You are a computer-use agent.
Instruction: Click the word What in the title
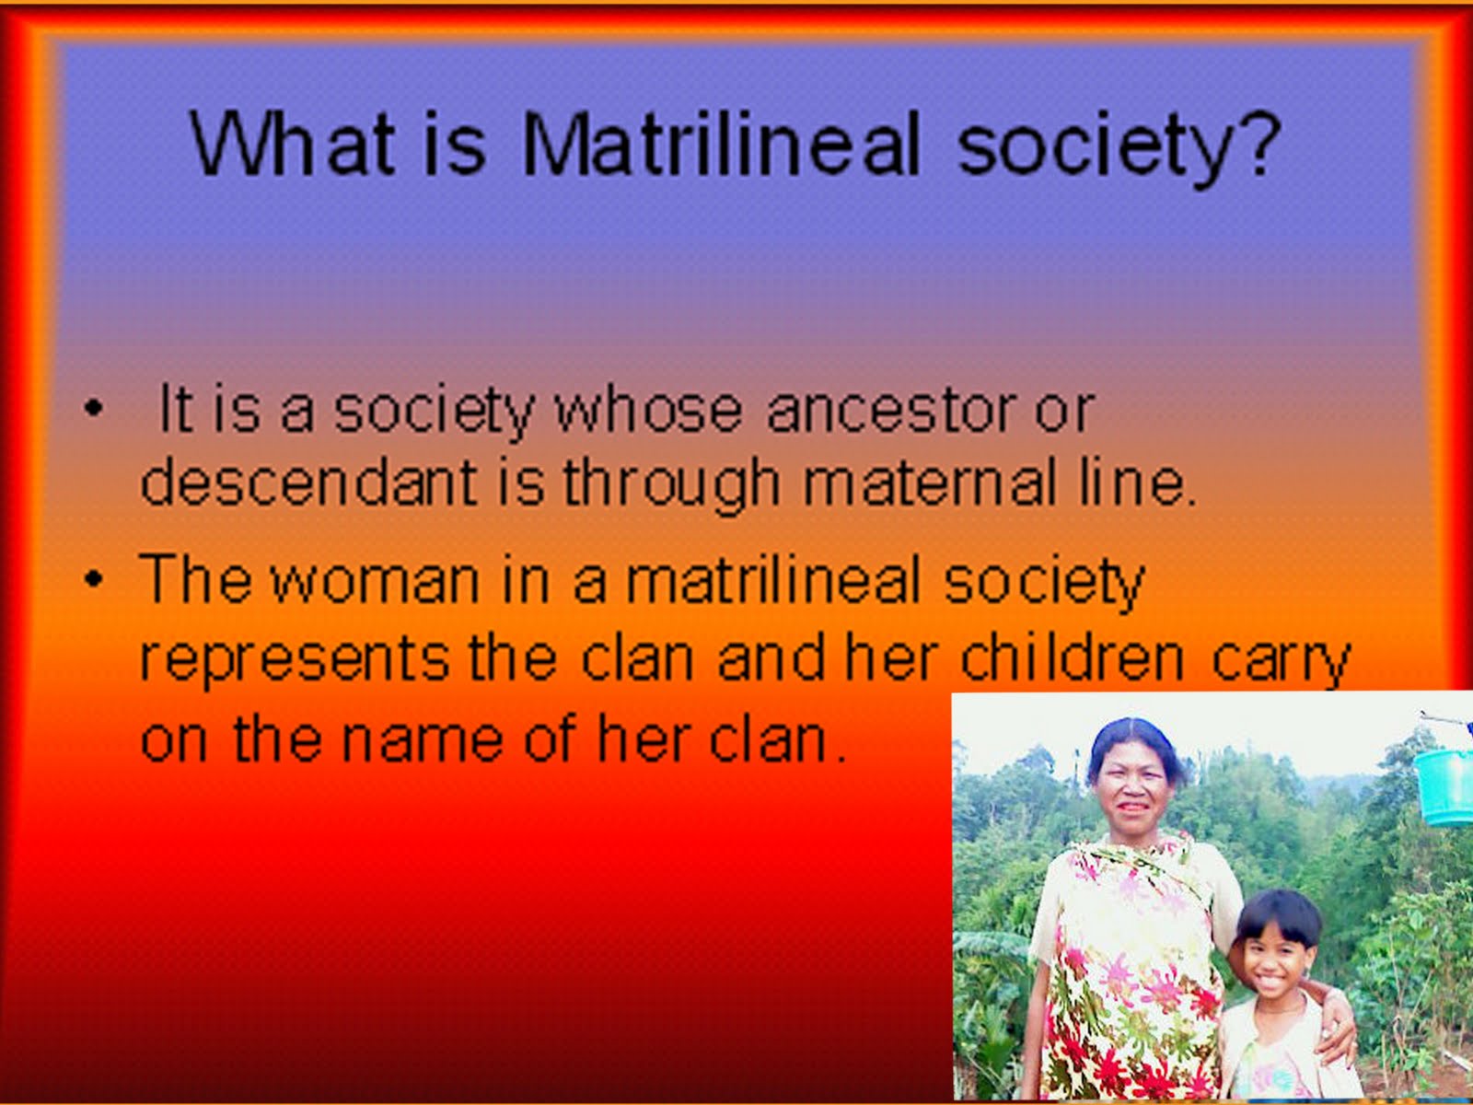click(x=293, y=145)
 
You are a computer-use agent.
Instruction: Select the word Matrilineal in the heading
click(x=721, y=145)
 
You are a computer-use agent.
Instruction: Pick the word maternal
click(x=930, y=482)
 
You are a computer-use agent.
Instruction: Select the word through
click(x=671, y=483)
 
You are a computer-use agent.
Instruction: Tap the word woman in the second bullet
click(x=375, y=581)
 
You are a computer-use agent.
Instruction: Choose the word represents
click(x=294, y=658)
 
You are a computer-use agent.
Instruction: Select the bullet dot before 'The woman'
click(x=91, y=580)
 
